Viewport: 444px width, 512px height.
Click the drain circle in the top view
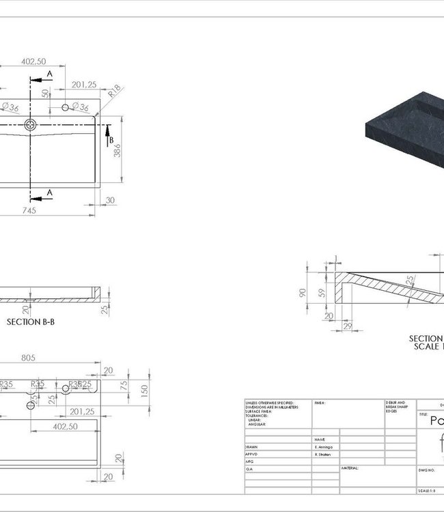31,124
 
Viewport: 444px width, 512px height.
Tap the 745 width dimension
29,211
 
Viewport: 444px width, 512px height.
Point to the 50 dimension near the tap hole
46,93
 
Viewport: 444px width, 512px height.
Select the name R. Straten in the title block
324,453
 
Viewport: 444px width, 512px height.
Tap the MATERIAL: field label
350,468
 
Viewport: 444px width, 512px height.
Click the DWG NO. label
428,470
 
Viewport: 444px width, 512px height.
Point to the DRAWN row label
252,445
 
